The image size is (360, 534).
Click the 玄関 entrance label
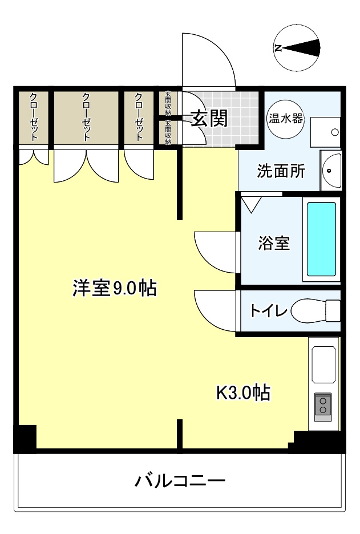(x=209, y=118)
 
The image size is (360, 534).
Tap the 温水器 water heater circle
(x=285, y=119)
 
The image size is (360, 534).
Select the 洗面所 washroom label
(x=281, y=171)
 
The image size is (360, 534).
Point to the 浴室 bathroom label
(x=274, y=243)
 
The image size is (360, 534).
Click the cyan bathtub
(x=322, y=239)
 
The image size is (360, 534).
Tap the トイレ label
(x=269, y=310)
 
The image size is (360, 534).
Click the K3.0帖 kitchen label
(x=244, y=393)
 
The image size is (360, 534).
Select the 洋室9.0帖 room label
(x=115, y=288)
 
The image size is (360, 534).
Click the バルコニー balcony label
(x=180, y=480)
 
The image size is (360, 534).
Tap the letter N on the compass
(x=278, y=48)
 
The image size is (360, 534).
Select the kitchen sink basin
(x=323, y=365)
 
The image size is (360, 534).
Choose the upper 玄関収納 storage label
(x=168, y=103)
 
